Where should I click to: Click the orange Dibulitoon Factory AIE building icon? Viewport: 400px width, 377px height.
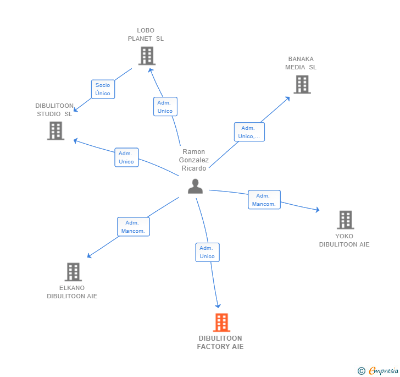(221, 323)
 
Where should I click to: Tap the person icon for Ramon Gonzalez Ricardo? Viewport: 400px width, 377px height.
(195, 187)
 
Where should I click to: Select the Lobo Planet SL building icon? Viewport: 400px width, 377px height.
(147, 56)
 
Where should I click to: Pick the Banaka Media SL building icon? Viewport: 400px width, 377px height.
(302, 84)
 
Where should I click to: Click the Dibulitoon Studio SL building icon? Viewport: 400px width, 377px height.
(55, 131)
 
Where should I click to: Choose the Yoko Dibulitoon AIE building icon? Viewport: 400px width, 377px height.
(345, 220)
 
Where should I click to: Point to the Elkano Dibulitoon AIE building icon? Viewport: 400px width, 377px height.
(73, 272)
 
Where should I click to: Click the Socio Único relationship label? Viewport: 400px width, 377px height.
(103, 89)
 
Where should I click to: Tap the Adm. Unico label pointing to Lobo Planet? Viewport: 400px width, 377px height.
(165, 107)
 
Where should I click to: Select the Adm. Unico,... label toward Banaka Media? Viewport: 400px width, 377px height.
(249, 132)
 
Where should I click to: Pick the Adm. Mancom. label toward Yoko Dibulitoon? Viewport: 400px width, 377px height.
(264, 200)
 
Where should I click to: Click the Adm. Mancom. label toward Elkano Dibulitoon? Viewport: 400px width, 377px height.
(133, 227)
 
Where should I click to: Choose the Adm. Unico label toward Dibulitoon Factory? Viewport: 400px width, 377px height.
(207, 252)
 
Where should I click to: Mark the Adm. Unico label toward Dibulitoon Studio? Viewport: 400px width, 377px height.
(126, 157)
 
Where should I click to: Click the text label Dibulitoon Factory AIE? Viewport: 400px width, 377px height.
(220, 342)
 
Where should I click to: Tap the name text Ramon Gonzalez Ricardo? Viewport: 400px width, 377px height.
(194, 160)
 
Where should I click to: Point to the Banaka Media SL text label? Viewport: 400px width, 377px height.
(301, 63)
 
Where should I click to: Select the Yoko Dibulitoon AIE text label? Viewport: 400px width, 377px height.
(345, 241)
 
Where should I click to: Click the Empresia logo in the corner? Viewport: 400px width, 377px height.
(378, 371)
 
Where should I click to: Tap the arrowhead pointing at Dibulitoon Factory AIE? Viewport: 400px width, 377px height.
(218, 305)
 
